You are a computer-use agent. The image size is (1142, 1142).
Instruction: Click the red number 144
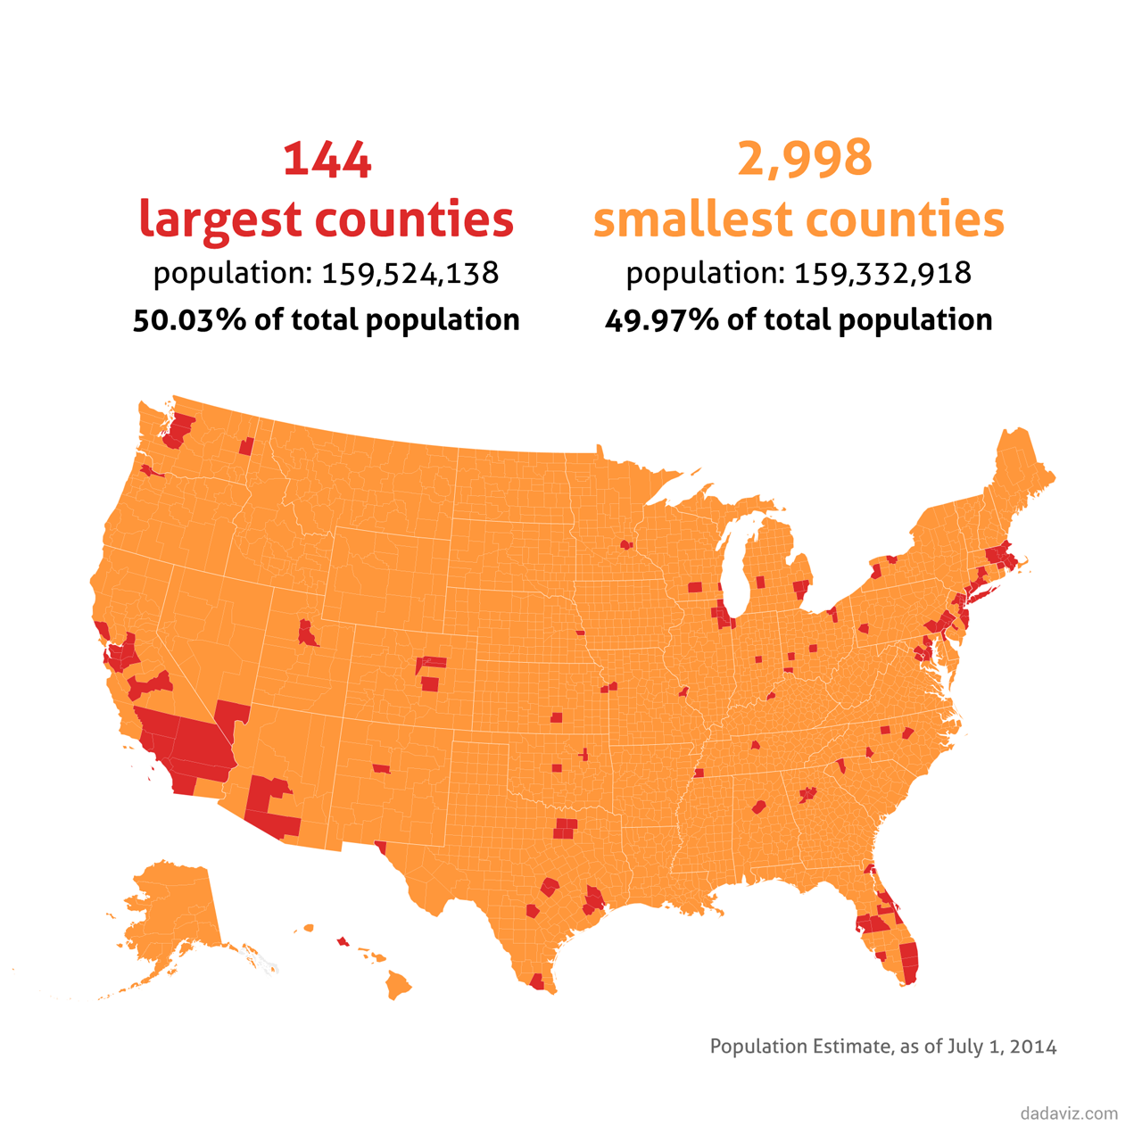327,160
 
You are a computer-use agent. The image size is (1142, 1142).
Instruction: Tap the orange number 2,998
804,159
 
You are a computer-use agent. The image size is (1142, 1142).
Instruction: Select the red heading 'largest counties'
327,219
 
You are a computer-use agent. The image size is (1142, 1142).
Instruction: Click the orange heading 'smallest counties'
799,219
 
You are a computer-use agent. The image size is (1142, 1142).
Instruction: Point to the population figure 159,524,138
410,273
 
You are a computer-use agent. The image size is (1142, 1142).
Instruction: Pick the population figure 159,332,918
882,273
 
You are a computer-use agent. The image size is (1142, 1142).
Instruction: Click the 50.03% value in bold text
189,320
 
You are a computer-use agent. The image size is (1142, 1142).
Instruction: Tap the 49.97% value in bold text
661,320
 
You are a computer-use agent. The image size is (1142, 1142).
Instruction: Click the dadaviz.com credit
1069,1113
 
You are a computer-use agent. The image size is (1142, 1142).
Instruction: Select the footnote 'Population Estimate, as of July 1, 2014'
883,1047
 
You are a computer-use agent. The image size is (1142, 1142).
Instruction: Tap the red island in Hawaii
343,941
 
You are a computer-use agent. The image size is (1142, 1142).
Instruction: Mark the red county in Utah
308,634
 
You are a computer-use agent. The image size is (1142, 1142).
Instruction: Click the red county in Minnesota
626,544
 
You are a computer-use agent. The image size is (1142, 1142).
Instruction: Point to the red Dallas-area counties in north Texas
565,829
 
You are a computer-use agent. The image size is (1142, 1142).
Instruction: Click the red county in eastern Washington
246,446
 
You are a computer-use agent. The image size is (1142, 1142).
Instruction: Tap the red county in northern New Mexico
382,768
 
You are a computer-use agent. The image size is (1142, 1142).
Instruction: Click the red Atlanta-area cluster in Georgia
808,794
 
